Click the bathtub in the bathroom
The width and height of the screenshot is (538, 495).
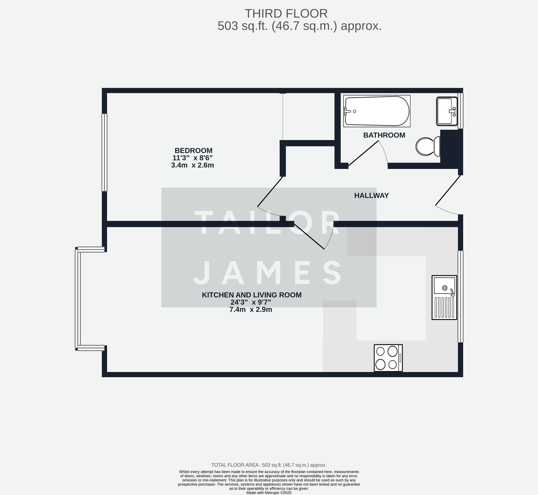[377, 111]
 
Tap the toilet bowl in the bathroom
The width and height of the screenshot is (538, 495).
[425, 147]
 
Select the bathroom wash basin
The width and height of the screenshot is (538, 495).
[446, 111]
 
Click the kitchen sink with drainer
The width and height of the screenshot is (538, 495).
[444, 297]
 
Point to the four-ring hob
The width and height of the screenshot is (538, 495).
[388, 358]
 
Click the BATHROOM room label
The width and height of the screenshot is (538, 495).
[384, 135]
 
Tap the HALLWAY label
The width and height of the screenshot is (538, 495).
[371, 195]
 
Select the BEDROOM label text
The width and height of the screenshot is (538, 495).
[193, 151]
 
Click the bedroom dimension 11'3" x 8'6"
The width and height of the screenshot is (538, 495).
[192, 158]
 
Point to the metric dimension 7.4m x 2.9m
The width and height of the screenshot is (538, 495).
[250, 309]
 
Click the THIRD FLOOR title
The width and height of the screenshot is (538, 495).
[286, 14]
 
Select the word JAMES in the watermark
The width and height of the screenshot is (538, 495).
[268, 273]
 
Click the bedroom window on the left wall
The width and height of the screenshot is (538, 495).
[104, 152]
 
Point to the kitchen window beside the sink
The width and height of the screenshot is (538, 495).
[460, 296]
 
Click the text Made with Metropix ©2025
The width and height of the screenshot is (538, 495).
[269, 493]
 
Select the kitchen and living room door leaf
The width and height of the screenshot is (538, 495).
[309, 236]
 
